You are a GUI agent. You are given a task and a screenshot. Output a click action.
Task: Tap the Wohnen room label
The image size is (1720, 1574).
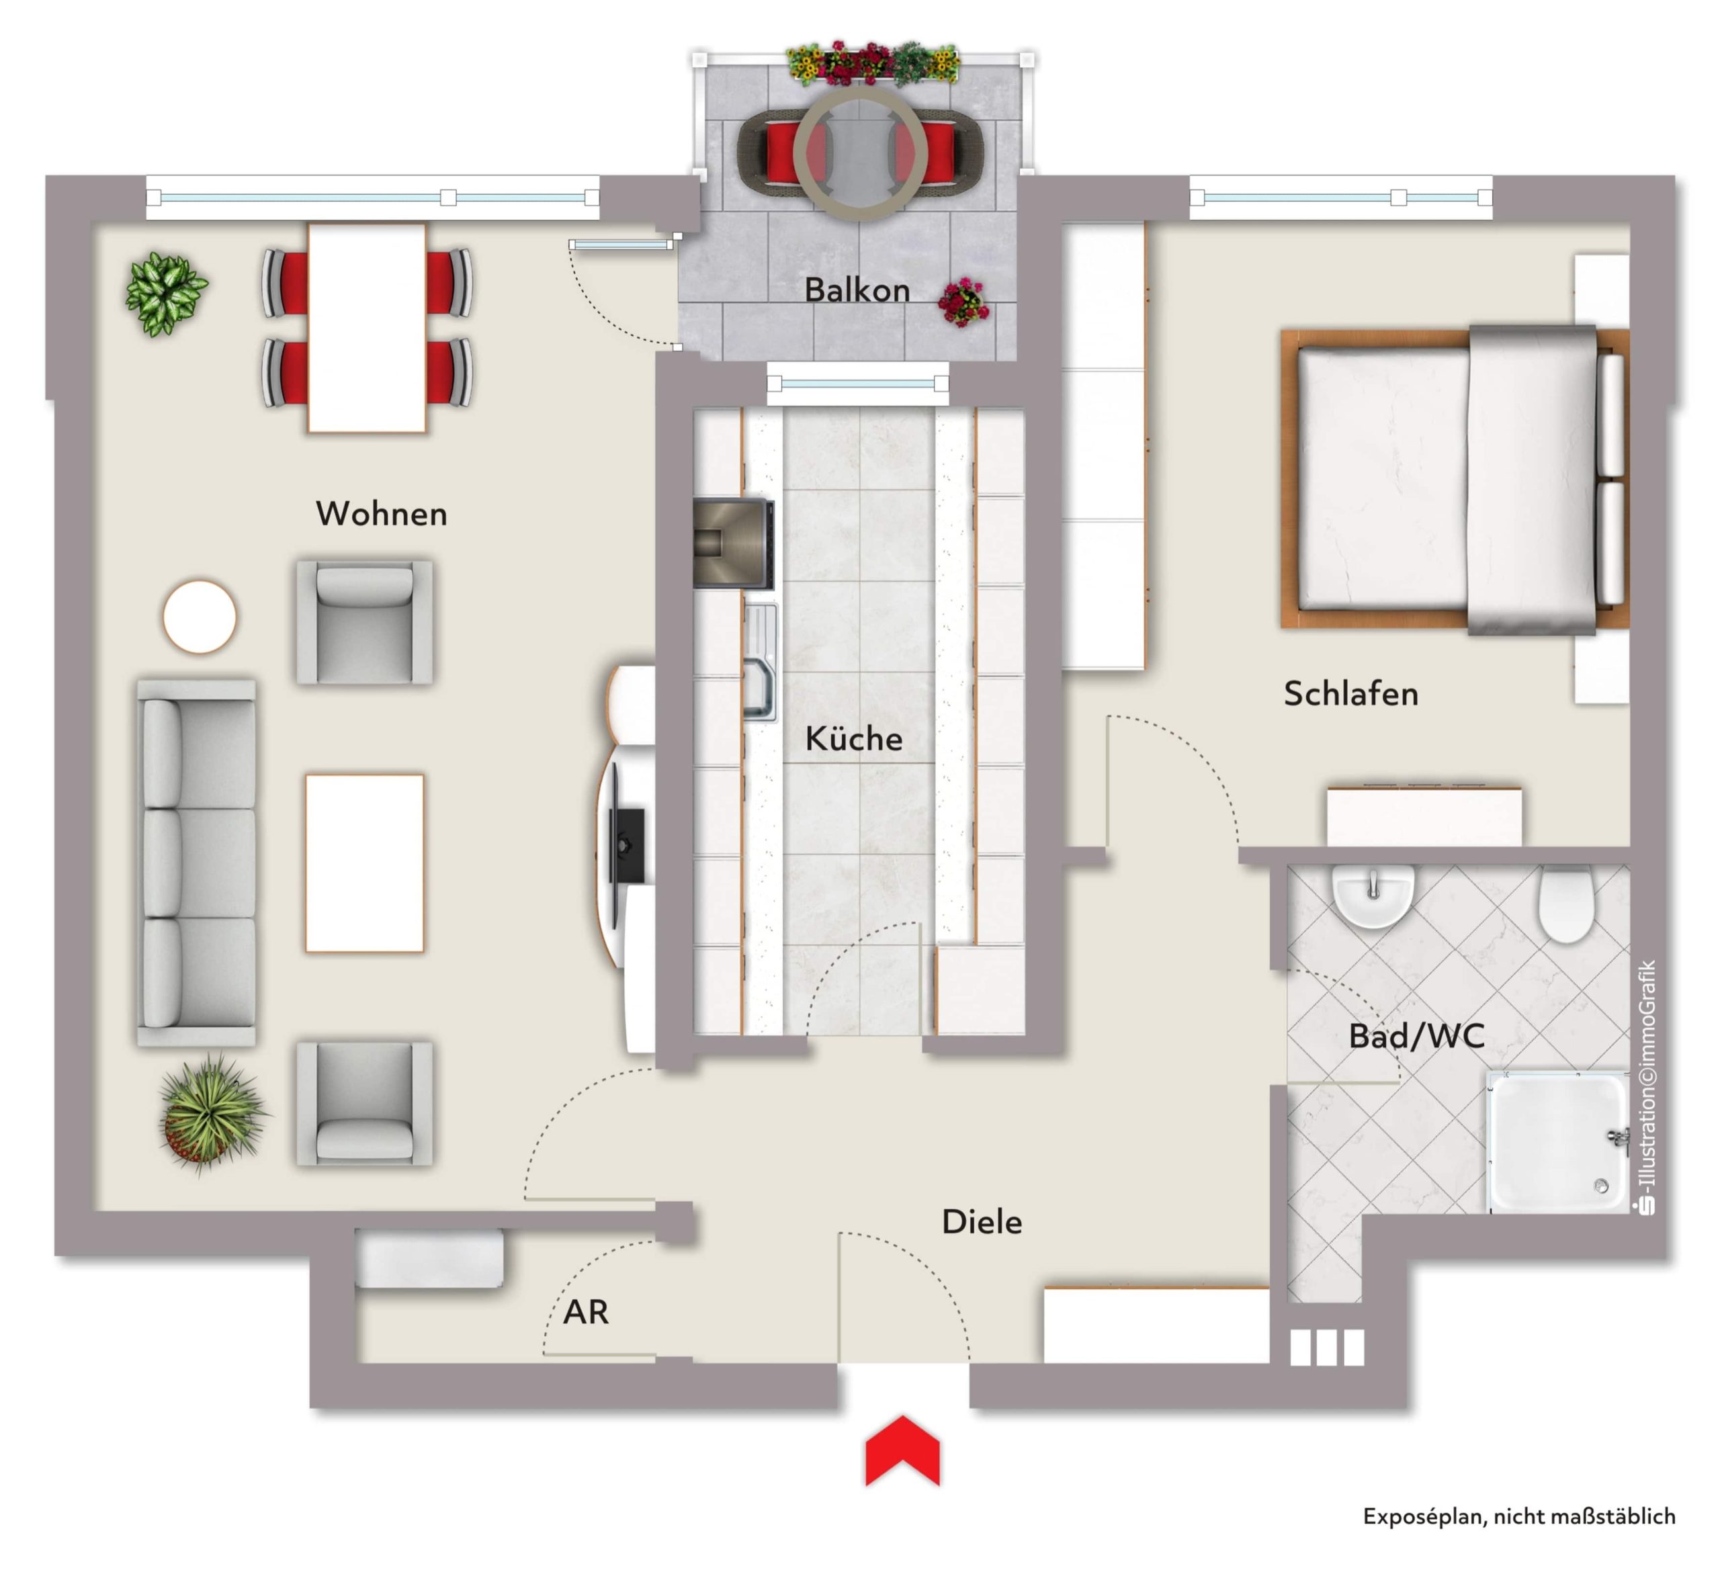382,513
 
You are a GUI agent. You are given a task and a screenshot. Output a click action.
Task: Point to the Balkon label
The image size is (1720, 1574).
857,290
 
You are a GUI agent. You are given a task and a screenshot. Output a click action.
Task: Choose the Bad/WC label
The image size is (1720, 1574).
1416,1037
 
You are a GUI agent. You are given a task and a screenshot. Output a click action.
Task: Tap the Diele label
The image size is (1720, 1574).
981,1222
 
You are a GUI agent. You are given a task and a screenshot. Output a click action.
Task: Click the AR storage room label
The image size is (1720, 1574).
586,1312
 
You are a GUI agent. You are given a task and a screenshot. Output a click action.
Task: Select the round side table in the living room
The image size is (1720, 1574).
200,616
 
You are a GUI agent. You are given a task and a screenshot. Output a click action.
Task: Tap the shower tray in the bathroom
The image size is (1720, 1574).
1558,1142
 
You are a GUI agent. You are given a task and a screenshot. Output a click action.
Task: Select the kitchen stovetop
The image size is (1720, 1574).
734,544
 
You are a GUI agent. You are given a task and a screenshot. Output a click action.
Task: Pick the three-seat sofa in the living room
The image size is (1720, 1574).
197,863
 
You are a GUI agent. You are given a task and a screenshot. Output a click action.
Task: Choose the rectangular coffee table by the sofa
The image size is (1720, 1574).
365,863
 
